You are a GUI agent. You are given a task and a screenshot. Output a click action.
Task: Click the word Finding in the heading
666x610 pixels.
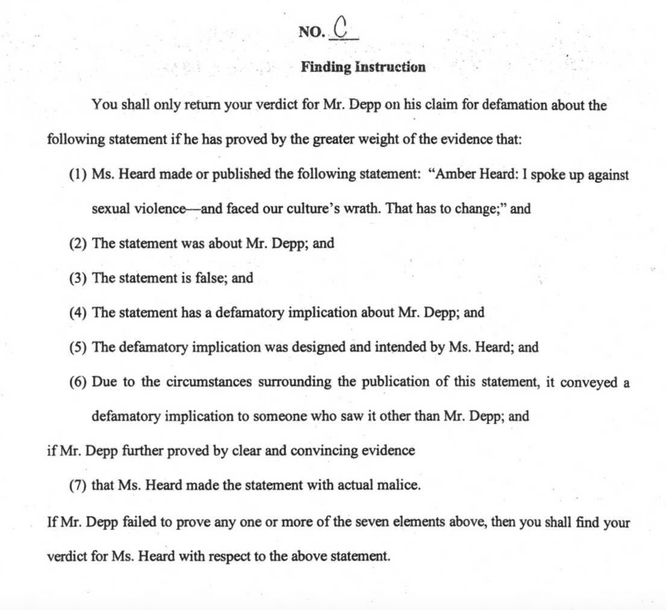326,67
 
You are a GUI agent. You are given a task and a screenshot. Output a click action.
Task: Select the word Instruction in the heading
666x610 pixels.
390,67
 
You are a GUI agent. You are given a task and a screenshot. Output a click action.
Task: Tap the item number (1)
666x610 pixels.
78,174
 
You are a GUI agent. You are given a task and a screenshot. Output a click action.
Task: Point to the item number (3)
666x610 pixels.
78,278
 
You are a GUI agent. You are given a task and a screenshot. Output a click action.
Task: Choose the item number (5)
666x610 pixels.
78,347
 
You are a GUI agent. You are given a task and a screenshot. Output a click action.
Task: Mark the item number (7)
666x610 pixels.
78,485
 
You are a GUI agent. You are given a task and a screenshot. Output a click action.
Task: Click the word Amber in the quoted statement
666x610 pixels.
455,174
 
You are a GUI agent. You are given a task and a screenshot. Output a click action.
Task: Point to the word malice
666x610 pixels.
398,485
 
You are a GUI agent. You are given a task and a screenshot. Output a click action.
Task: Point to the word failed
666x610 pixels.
139,522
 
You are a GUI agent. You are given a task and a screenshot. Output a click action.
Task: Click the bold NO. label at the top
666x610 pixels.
312,32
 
